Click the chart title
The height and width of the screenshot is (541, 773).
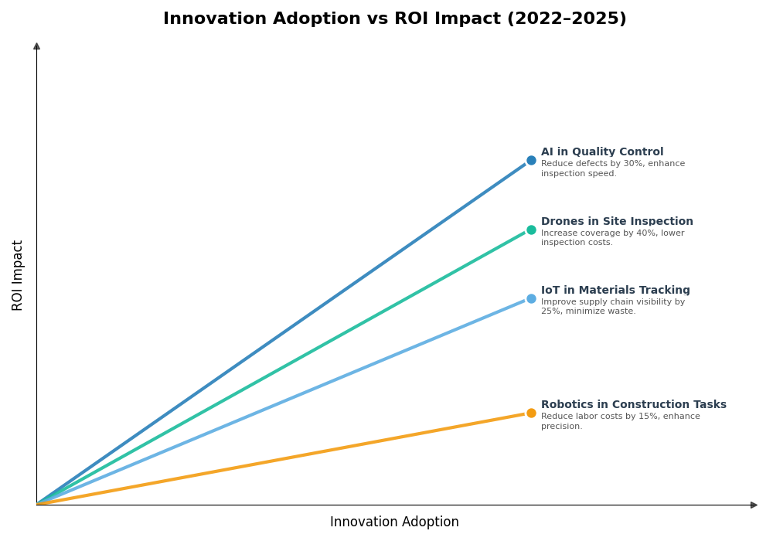pyautogui.click(x=394, y=19)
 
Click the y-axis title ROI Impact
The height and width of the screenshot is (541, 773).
pyautogui.click(x=18, y=275)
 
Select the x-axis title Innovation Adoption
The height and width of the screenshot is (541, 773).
pyautogui.click(x=394, y=522)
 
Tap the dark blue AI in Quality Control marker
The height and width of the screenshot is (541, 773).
pyautogui.click(x=531, y=161)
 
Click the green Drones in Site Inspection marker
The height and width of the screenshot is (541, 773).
pyautogui.click(x=531, y=230)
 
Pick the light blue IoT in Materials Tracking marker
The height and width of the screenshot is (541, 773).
pyautogui.click(x=531, y=299)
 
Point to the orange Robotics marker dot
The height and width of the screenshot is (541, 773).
pyautogui.click(x=531, y=413)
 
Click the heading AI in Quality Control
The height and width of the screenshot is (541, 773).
pyautogui.click(x=601, y=152)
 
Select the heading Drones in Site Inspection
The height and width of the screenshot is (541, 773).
pyautogui.click(x=616, y=222)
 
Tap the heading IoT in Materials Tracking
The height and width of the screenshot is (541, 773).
pyautogui.click(x=615, y=291)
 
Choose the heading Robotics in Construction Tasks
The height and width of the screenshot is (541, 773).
pyautogui.click(x=633, y=405)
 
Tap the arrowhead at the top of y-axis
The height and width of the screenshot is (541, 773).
pyautogui.click(x=36, y=46)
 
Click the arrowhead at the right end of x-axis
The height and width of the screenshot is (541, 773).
pyautogui.click(x=754, y=505)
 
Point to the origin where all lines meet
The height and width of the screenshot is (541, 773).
pyautogui.click(x=37, y=504)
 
